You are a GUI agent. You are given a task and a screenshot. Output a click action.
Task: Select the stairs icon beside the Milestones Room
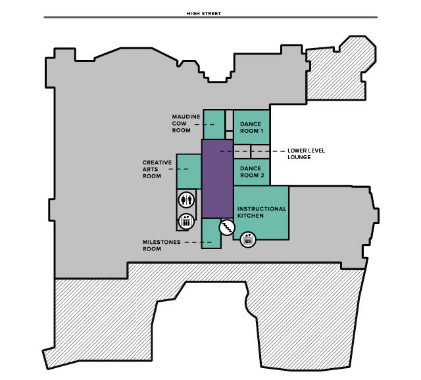(x=226, y=227)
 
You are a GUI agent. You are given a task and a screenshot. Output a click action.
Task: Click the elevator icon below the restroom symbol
(x=186, y=220)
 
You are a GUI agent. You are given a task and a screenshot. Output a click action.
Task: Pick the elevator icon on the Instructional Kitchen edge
(x=248, y=239)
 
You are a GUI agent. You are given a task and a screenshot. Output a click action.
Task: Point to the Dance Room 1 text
(x=251, y=128)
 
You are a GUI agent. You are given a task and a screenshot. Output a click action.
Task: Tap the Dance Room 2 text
(x=251, y=172)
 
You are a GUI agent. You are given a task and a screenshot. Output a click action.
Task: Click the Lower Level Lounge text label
(x=307, y=154)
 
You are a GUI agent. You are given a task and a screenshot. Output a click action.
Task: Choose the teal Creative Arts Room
(x=189, y=172)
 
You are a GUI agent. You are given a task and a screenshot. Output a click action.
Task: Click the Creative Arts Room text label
(x=157, y=169)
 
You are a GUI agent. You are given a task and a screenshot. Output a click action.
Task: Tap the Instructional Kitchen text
(x=262, y=212)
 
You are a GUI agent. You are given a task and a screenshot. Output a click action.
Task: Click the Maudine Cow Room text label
(x=186, y=123)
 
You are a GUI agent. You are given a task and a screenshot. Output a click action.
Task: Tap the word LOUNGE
(x=299, y=157)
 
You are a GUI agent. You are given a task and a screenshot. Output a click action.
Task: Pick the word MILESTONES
(x=161, y=242)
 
